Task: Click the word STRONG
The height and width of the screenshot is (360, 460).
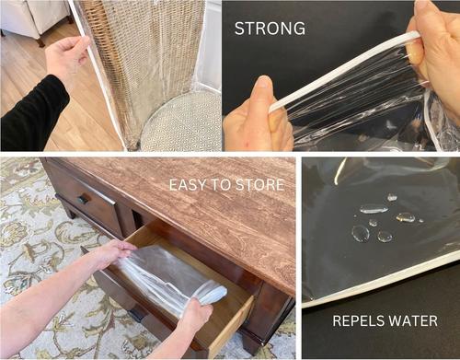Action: (x=270, y=29)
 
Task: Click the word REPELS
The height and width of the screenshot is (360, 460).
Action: (x=356, y=321)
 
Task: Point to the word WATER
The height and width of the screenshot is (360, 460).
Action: (x=410, y=321)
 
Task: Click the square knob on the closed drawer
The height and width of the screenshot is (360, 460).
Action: (x=83, y=199)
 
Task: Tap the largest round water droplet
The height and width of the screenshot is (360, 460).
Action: (x=361, y=233)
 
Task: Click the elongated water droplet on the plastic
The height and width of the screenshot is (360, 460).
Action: (x=374, y=209)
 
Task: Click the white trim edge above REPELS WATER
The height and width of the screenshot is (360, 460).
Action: (x=380, y=287)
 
